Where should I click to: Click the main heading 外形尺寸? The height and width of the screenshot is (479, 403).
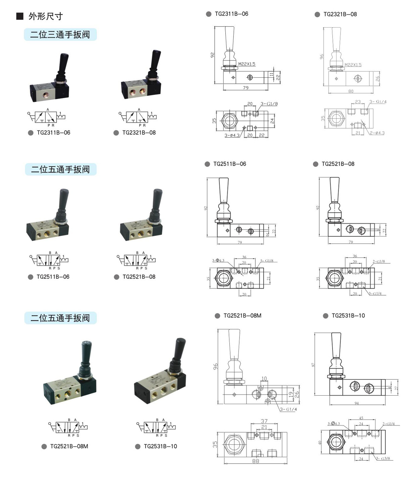point(45,16)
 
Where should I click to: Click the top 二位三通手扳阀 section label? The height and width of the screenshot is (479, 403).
point(60,35)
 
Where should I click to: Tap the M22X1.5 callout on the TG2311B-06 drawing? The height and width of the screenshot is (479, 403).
point(247,64)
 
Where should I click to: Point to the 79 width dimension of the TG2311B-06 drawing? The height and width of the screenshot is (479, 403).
point(246,88)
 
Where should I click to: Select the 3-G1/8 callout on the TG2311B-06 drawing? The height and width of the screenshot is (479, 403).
point(269,104)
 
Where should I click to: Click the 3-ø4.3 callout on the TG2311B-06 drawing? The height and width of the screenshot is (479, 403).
point(232,135)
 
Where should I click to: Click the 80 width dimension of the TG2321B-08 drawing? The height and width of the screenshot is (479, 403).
point(351,91)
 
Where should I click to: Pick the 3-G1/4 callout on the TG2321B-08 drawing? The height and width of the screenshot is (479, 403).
point(378,102)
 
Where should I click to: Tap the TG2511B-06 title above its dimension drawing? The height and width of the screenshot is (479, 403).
point(229,164)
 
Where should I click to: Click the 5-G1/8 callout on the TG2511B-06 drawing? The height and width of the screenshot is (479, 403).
point(267,261)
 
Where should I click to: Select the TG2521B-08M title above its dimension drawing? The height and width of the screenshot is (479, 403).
point(242,316)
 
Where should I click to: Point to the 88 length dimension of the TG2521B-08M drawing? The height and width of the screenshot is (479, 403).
point(256,461)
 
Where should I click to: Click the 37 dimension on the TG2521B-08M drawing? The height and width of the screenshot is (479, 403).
point(264,421)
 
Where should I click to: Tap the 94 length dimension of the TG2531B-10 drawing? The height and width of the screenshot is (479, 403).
point(356,403)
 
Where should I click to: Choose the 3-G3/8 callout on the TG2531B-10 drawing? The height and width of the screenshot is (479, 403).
point(383,458)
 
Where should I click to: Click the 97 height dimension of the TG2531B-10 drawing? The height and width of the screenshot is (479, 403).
point(313,365)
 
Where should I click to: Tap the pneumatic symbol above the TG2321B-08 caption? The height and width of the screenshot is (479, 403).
point(138,117)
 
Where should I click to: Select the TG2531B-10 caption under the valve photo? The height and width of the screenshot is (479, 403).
point(160,446)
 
